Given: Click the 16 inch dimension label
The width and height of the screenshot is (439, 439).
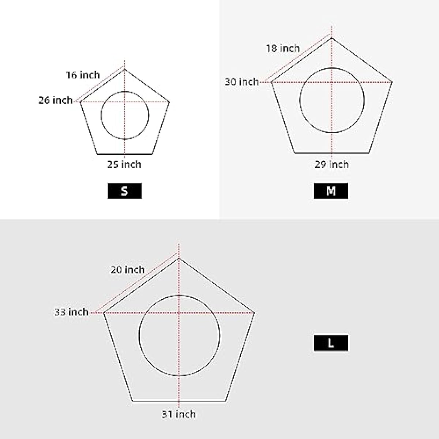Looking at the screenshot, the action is tap(83, 75).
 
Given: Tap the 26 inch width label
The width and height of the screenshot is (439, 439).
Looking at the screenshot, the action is tap(56, 100).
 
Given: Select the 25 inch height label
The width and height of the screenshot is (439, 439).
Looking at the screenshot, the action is tap(124, 164).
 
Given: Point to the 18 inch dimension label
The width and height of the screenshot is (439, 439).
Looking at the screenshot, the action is tap(283, 48).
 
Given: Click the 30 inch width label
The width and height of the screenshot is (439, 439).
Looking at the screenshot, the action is tap(242, 82).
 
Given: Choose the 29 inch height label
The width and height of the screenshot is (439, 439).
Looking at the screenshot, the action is tap(331, 164).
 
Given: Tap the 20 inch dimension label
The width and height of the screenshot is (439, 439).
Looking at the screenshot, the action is tap(128, 270).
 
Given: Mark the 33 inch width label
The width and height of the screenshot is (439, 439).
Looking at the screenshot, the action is tap(71, 312).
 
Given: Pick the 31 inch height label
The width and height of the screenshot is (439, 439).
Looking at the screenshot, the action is tap(179, 414).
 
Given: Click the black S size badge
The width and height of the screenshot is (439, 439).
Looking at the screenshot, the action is tap(125, 191).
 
